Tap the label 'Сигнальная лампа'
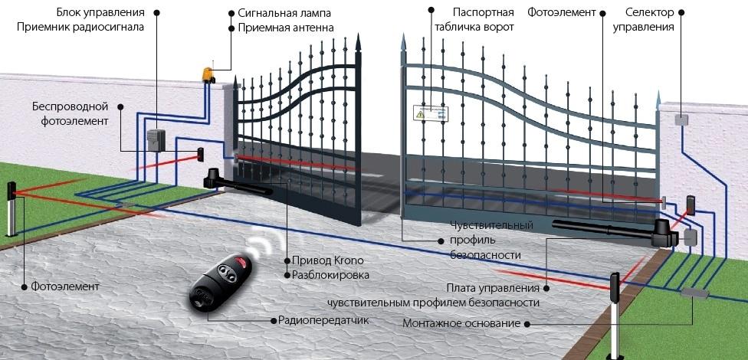(x=284, y=13)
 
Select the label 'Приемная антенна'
(x=285, y=28)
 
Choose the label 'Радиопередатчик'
(x=323, y=319)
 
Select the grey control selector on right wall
(x=681, y=119)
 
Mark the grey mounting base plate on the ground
(x=694, y=293)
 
